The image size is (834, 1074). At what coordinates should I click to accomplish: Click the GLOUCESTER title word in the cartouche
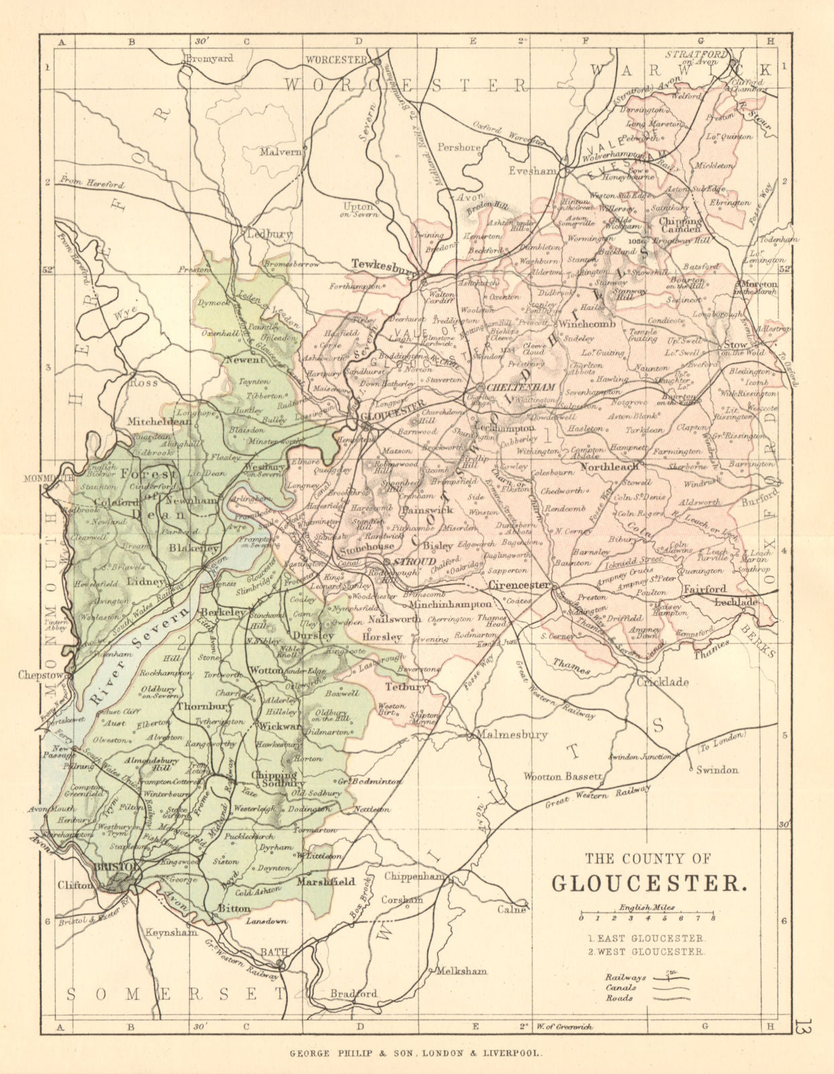pyautogui.click(x=648, y=881)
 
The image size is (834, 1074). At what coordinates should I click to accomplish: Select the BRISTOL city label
pyautogui.click(x=117, y=867)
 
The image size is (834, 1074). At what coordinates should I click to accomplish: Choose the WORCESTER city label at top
pyautogui.click(x=336, y=60)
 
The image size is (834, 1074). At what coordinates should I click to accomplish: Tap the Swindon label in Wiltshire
pyautogui.click(x=717, y=770)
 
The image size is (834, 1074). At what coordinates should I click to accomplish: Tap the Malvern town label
pyautogui.click(x=281, y=152)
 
